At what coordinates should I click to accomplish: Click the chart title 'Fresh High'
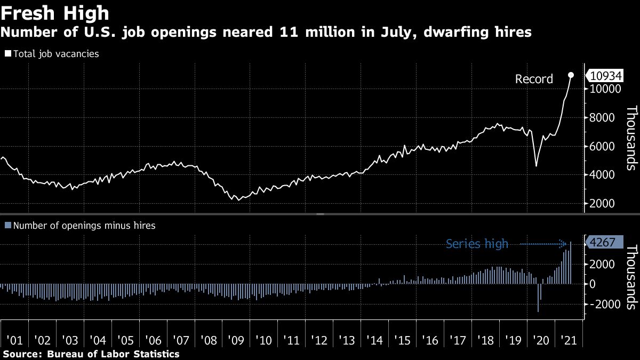click(x=55, y=12)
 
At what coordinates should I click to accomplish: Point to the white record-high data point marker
click(x=571, y=75)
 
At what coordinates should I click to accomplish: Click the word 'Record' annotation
click(x=534, y=79)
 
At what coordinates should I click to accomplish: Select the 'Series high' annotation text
click(x=477, y=244)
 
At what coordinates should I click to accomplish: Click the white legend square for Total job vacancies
click(x=7, y=54)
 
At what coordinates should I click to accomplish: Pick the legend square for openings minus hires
click(x=7, y=226)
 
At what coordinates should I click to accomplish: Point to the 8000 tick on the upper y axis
click(x=603, y=118)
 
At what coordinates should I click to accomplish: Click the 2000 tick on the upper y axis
click(x=603, y=204)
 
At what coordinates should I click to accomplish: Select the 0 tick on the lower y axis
click(x=592, y=284)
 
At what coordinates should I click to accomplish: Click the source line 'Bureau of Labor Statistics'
click(x=113, y=354)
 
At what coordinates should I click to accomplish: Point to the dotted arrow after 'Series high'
click(x=543, y=244)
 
